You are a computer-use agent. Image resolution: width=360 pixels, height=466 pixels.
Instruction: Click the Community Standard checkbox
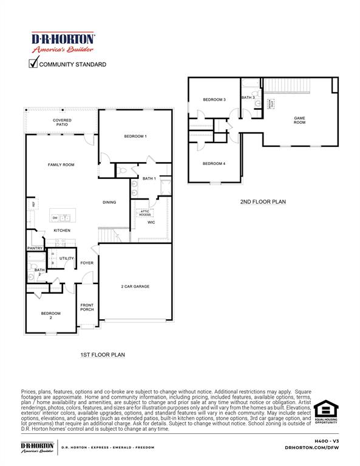34,63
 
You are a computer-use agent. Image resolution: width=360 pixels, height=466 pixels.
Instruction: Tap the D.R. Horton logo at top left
63,42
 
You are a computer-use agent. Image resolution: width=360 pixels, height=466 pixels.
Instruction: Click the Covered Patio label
62,123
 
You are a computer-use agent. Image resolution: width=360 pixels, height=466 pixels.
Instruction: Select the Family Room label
61,165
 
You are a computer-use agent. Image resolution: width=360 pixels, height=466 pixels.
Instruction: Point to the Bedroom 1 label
135,137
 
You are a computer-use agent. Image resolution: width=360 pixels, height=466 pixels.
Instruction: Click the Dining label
109,203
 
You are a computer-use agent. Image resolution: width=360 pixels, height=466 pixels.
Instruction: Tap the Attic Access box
144,213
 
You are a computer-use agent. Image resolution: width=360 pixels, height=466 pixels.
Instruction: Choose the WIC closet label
152,223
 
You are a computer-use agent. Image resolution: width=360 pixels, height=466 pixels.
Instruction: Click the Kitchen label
62,231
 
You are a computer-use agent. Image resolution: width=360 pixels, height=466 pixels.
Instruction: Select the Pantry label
34,248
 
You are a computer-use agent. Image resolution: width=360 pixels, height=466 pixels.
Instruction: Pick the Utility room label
66,258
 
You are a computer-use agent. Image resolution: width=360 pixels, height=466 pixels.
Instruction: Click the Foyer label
87,263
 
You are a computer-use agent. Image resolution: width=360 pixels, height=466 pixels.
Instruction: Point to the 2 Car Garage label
135,286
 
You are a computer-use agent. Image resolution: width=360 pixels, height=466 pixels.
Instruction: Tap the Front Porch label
87,308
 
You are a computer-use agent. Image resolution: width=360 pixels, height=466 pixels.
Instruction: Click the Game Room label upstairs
299,120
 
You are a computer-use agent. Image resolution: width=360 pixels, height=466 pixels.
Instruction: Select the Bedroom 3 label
214,100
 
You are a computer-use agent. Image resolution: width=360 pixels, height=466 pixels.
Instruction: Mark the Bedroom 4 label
214,164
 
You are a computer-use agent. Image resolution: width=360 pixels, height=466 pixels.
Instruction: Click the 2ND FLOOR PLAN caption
262,202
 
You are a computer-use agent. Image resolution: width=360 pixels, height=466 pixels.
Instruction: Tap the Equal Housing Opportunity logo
326,412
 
